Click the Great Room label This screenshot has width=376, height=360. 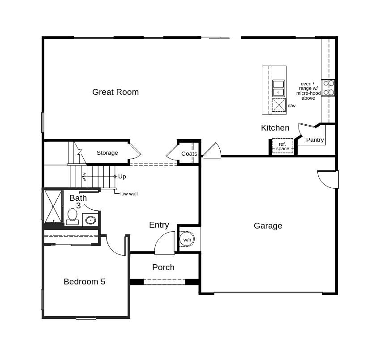click(x=115, y=92)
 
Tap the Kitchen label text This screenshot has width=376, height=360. click(x=275, y=128)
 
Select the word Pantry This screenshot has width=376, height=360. click(x=315, y=140)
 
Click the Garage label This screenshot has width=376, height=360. click(x=268, y=226)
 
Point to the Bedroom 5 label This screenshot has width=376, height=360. click(x=84, y=282)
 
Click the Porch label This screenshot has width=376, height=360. click(x=163, y=267)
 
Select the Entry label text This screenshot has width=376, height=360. click(x=159, y=225)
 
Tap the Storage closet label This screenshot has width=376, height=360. click(x=107, y=153)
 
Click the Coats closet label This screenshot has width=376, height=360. click(x=189, y=154)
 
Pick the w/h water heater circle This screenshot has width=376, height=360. click(x=187, y=240)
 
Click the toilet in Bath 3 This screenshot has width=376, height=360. click(x=72, y=216)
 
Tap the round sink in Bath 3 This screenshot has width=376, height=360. click(x=90, y=220)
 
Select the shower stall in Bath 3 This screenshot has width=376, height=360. click(x=53, y=206)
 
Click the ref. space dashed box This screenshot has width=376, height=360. click(x=282, y=146)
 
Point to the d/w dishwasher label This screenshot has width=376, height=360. click(x=291, y=106)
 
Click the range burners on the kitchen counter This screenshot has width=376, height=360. click(x=328, y=88)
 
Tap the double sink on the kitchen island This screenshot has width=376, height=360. click(x=278, y=88)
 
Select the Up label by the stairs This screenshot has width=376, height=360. click(x=122, y=177)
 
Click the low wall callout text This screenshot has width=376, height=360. click(x=129, y=194)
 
